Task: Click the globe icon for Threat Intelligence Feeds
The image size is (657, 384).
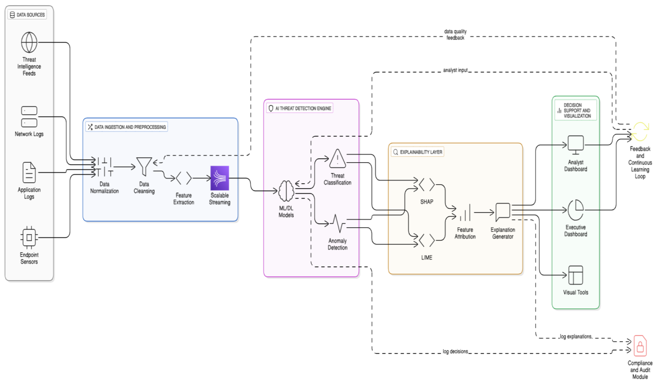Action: point(29,42)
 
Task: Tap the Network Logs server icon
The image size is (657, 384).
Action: point(29,117)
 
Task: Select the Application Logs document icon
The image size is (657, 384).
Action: point(29,172)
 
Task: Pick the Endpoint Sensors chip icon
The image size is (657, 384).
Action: point(29,237)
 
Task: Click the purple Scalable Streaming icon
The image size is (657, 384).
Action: point(220,178)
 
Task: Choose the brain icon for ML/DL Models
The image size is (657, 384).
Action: point(286,191)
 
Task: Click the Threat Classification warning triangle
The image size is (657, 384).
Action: point(338,159)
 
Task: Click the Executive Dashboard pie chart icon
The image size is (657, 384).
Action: point(576,210)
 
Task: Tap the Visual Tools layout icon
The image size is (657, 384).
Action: point(576,275)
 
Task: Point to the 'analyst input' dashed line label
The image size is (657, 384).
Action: point(455,70)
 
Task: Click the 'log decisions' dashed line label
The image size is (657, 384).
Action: point(455,351)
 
